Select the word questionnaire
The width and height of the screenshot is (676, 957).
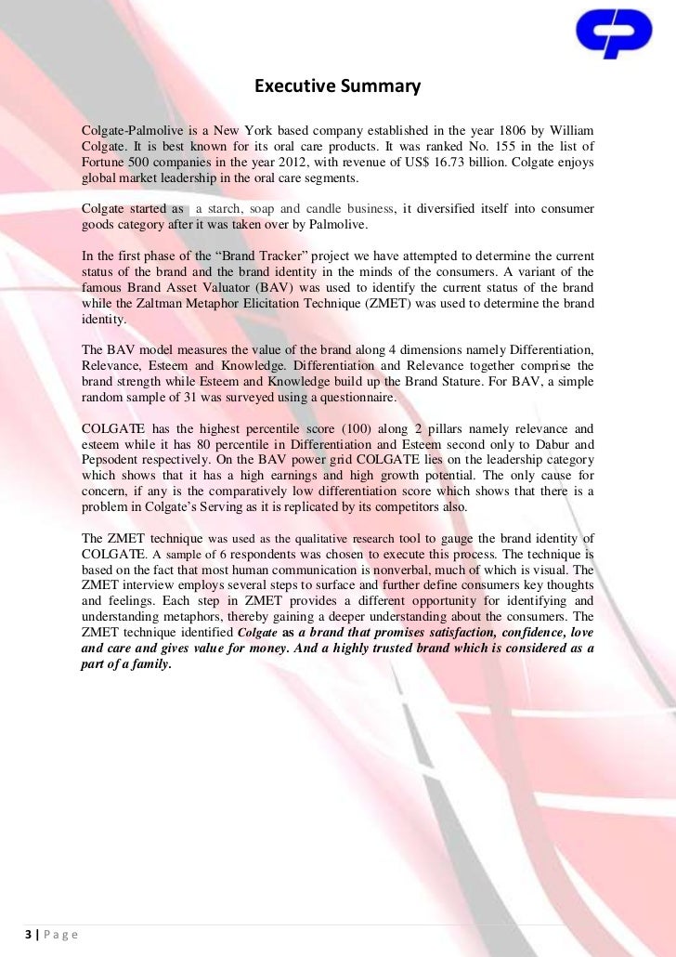coord(357,398)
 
